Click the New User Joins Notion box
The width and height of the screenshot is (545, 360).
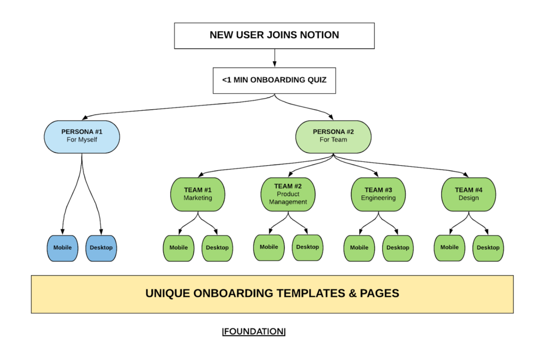tap(274, 35)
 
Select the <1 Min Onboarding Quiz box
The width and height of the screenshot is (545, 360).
tap(274, 81)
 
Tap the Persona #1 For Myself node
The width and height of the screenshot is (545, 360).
tap(81, 136)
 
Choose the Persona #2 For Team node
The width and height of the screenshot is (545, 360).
tap(333, 136)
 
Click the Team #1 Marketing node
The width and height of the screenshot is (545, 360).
tap(197, 194)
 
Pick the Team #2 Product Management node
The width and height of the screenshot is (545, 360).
tap(288, 194)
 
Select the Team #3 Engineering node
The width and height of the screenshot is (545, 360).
tap(378, 194)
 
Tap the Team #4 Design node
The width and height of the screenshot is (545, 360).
tap(468, 194)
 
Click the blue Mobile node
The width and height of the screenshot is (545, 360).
tap(62, 248)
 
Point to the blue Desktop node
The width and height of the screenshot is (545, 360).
tap(101, 248)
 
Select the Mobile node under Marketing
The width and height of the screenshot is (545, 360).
tap(178, 248)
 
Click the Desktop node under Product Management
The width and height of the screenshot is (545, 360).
tap(307, 247)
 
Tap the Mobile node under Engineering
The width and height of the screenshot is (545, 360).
tap(359, 248)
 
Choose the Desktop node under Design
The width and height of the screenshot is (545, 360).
tap(488, 248)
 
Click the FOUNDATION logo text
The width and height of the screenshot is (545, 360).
tap(254, 332)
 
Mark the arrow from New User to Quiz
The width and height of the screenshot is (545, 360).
tap(274, 57)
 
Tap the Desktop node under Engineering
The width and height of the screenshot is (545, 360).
tap(398, 248)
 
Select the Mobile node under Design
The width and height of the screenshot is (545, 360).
tap(449, 247)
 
